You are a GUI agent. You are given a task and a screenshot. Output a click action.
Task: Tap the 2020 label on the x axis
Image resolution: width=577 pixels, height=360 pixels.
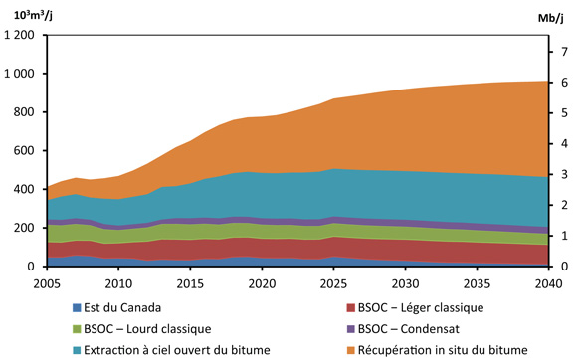point(261,283)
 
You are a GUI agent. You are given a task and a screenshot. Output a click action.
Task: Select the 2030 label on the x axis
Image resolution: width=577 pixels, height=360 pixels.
point(404,283)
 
